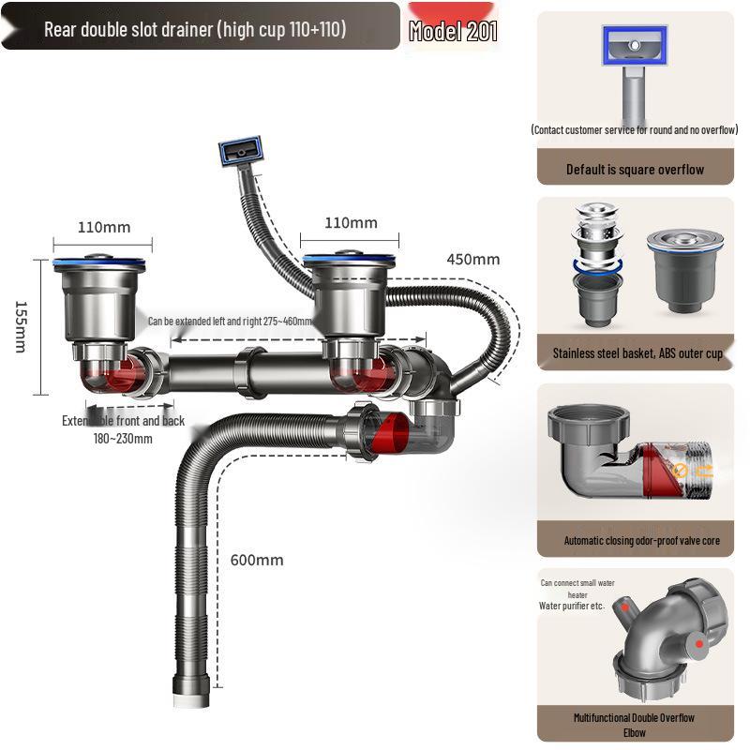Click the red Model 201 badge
[453, 31]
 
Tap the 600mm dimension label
[256, 561]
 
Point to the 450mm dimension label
[472, 260]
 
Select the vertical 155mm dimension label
[21, 326]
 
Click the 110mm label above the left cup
[104, 228]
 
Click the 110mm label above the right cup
[351, 223]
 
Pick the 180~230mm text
[123, 439]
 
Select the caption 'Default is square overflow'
[635, 170]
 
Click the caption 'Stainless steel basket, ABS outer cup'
[637, 354]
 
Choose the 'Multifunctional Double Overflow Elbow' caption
[635, 725]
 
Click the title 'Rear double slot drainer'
[195, 29]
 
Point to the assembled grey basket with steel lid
[684, 273]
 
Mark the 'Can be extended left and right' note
[230, 322]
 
